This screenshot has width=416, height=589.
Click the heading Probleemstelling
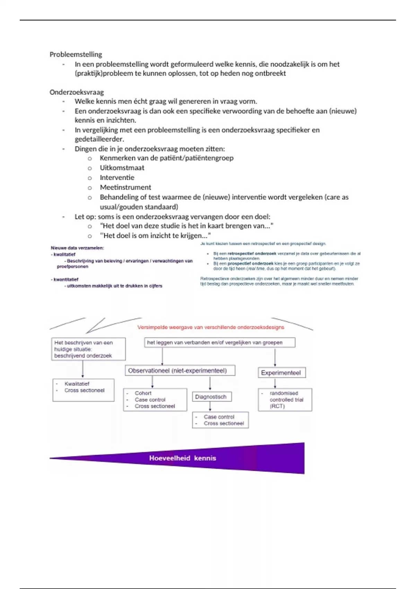click(76, 54)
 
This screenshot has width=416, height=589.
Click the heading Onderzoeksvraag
click(77, 92)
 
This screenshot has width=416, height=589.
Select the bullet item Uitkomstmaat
click(122, 168)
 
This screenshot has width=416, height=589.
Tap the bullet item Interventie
click(117, 177)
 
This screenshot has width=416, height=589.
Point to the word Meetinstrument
click(125, 187)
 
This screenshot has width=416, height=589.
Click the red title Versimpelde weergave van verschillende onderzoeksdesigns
click(211, 327)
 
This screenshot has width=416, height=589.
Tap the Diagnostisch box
click(211, 397)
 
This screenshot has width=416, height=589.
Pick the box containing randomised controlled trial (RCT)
click(285, 399)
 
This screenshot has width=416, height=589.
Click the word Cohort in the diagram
click(143, 393)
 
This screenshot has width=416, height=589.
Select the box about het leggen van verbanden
click(219, 343)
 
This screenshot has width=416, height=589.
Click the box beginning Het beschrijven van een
click(88, 349)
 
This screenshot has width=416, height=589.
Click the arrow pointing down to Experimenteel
click(275, 358)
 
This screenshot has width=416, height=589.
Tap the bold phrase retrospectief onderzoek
click(252, 254)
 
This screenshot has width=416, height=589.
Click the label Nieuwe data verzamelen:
click(77, 248)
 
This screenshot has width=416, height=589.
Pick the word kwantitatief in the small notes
click(66, 280)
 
